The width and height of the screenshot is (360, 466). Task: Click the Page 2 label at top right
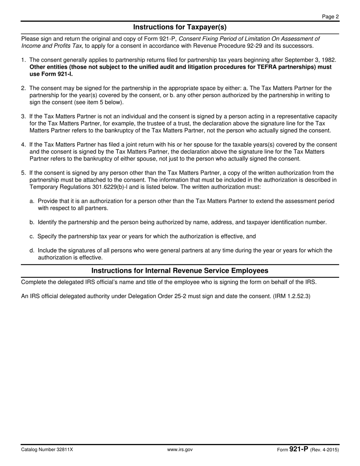pos(330,16)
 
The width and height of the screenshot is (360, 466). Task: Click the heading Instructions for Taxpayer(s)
pos(180,27)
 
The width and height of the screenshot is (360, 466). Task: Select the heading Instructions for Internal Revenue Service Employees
pos(180,271)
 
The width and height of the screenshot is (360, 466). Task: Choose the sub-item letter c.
pos(32,236)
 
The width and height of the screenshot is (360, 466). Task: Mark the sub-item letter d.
pos(32,250)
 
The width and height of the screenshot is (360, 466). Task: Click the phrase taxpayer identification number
pos(287,222)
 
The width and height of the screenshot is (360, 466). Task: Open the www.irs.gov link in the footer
pos(180,450)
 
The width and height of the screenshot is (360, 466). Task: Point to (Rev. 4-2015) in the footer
pos(324,450)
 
